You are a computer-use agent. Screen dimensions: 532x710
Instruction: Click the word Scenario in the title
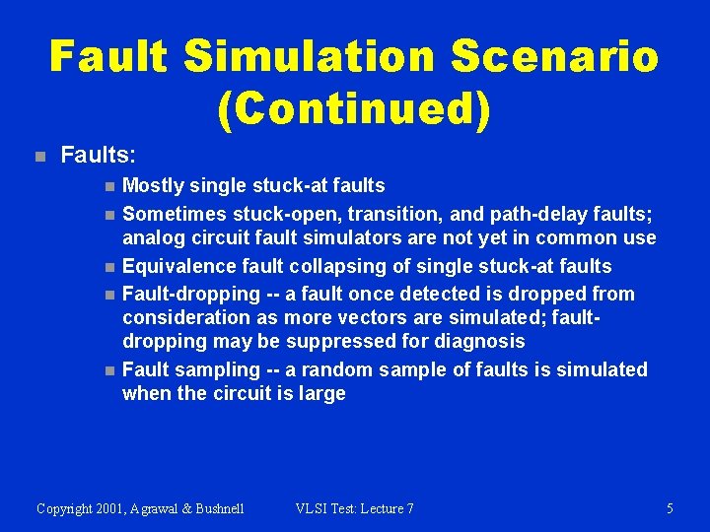555,56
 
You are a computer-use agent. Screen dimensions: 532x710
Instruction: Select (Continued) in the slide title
354,110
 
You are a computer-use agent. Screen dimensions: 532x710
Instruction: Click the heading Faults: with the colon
99,155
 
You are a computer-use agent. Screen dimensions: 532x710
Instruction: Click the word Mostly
154,185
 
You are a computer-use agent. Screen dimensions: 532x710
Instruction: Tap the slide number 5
670,508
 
